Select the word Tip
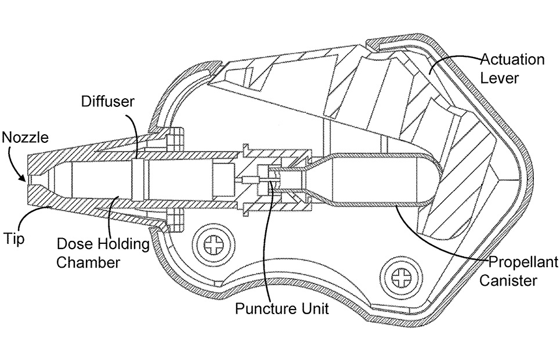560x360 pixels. tap(14, 238)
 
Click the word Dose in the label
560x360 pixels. tap(72, 244)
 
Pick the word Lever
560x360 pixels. tap(500, 78)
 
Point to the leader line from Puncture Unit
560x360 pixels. tap(265, 244)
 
